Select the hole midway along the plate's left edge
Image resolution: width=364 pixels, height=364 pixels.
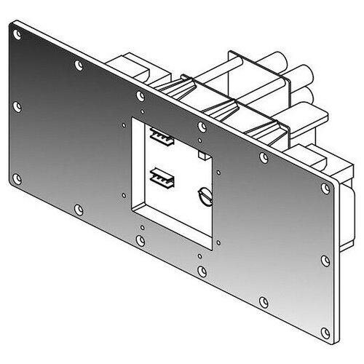click(x=18, y=107)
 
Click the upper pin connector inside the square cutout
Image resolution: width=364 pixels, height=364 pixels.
click(x=159, y=135)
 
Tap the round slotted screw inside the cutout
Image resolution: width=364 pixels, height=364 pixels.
click(x=203, y=195)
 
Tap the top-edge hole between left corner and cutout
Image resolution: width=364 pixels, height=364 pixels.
click(x=79, y=64)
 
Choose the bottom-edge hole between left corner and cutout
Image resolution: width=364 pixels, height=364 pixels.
click(x=79, y=209)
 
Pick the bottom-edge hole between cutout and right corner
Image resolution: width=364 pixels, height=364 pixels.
click(x=264, y=301)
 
